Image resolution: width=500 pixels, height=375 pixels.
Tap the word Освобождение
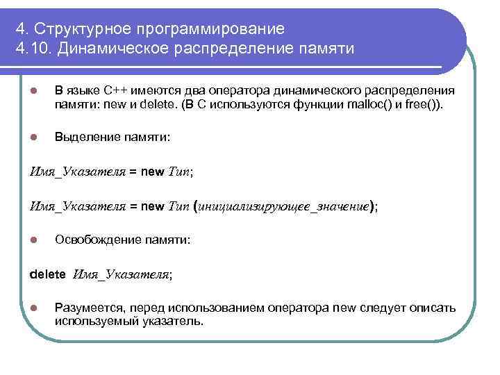point(96,240)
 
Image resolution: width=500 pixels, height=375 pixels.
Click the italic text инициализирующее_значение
point(284,206)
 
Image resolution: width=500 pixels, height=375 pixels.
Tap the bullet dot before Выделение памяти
point(33,137)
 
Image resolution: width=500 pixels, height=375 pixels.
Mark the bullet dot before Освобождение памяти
point(33,240)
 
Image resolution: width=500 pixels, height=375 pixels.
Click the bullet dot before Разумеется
point(33,308)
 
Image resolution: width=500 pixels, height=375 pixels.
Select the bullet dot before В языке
point(33,91)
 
